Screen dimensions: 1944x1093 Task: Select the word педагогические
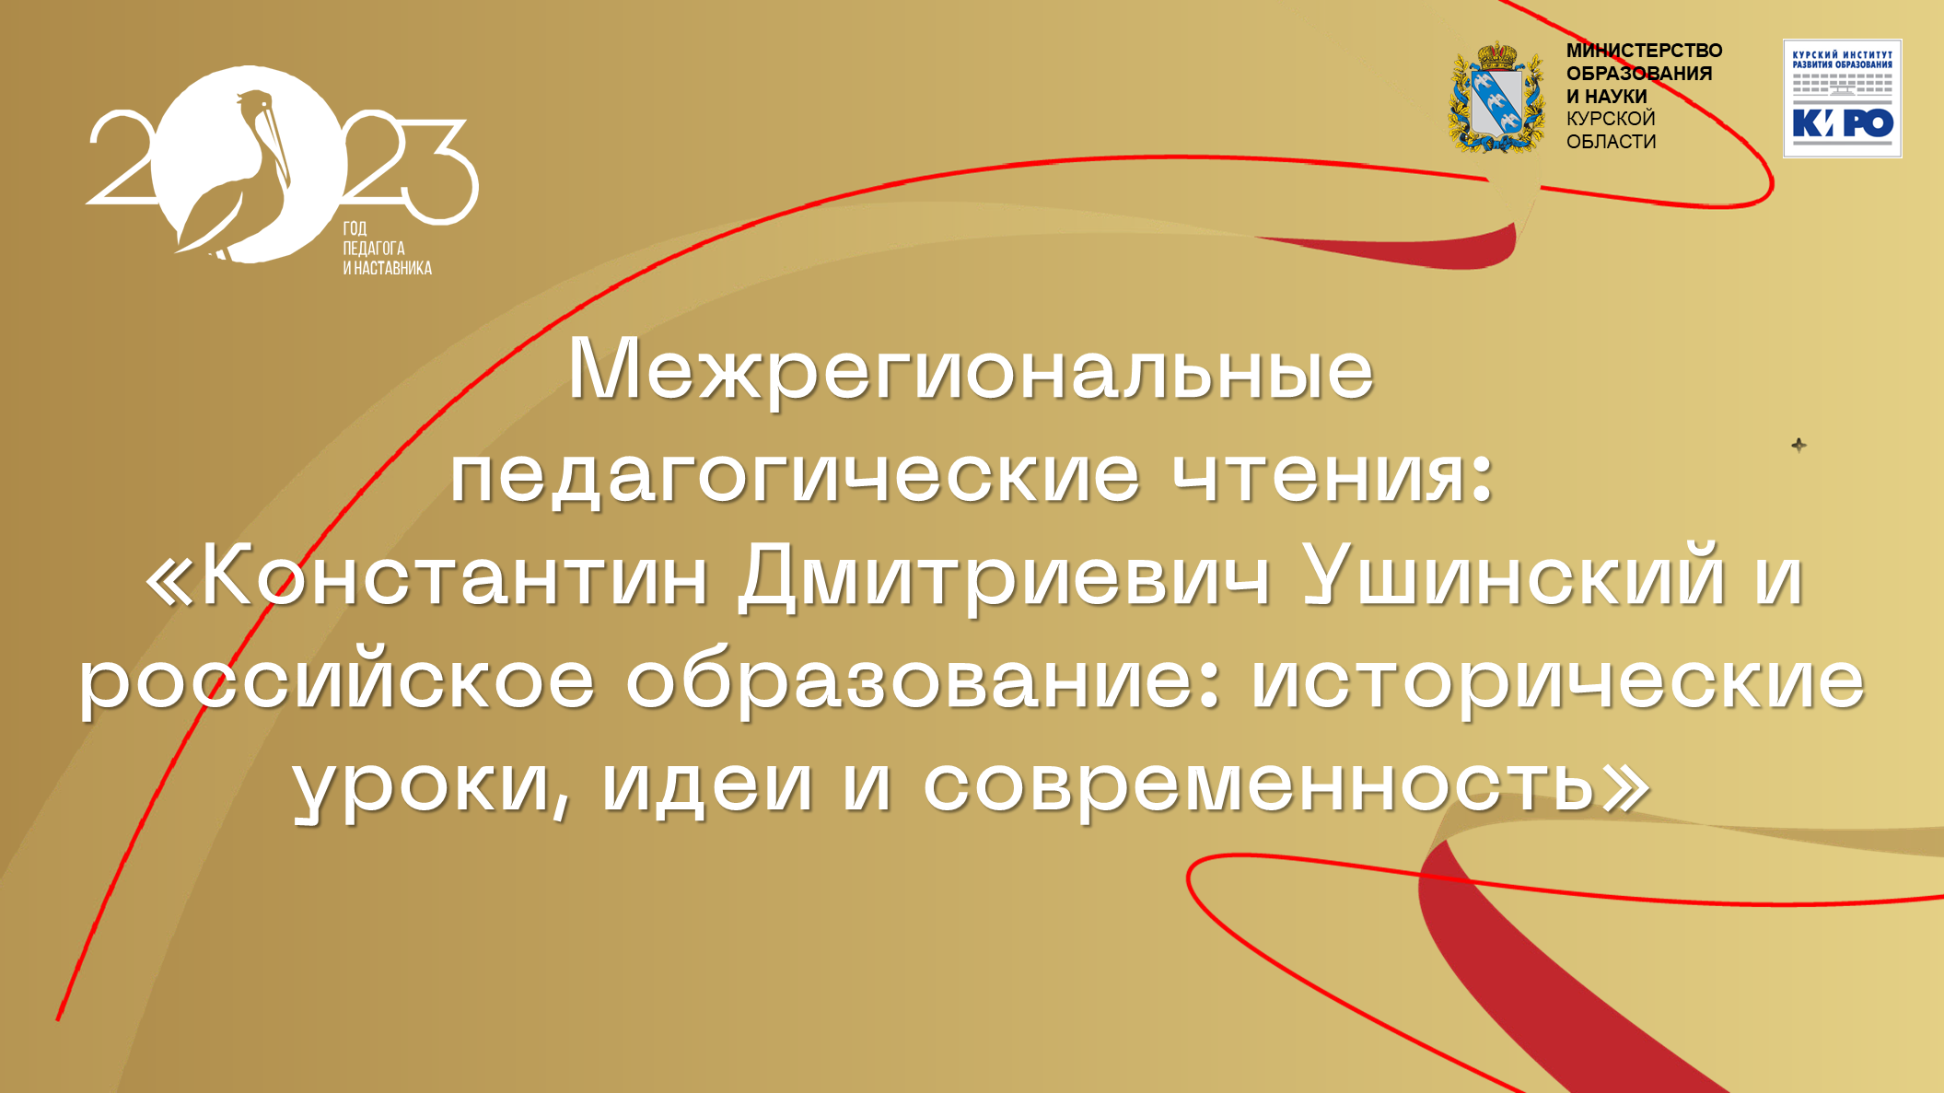click(x=795, y=475)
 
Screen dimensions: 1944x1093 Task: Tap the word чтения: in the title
click(x=1333, y=475)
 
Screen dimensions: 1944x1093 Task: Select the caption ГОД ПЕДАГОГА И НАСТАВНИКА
click(x=387, y=249)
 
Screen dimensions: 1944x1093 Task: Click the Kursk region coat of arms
click(x=1497, y=97)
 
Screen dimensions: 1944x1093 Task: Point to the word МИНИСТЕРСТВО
click(x=1644, y=51)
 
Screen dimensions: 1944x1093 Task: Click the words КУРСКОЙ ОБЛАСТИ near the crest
click(x=1612, y=130)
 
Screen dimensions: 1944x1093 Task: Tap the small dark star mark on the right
click(x=1798, y=446)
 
